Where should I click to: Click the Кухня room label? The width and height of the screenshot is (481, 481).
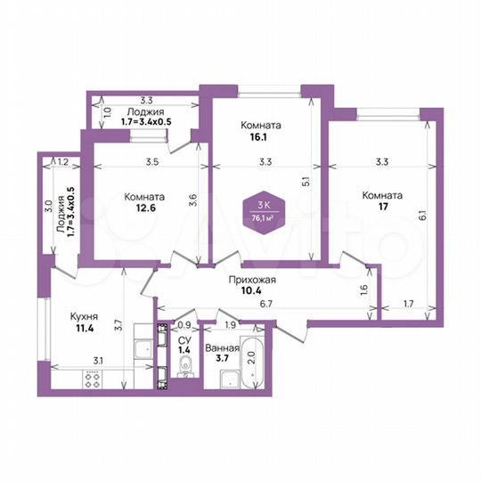point(84,315)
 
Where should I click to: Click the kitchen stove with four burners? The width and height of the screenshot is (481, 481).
point(94,379)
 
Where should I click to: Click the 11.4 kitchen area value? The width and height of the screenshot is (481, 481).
point(84,328)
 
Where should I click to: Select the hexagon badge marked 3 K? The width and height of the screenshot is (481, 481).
point(264,211)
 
